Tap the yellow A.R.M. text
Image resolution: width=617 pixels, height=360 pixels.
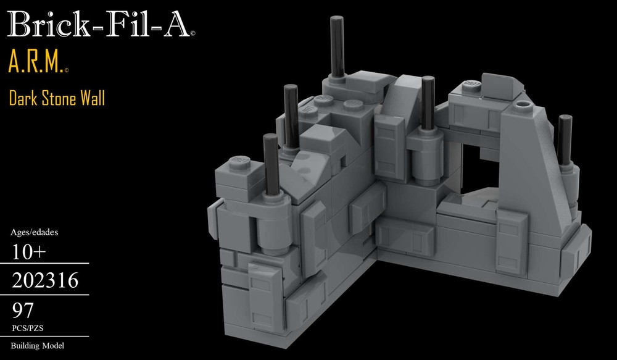34,63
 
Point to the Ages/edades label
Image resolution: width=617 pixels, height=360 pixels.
35,233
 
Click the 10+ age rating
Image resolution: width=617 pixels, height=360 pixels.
30,252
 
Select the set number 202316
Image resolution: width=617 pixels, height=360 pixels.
44,282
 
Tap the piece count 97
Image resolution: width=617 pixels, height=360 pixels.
23,309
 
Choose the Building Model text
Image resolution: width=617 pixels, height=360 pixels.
38,346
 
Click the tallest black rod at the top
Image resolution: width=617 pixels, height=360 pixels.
336,46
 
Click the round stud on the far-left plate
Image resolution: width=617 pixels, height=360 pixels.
238,164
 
